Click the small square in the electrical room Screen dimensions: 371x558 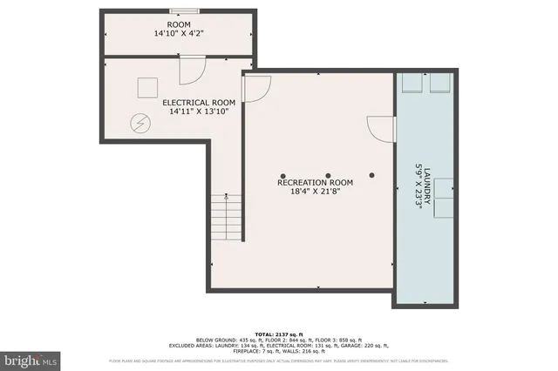[146, 87]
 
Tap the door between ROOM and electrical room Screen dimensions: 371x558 [191, 70]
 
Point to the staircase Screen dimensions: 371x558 [225, 218]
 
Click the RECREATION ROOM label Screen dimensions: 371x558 [315, 183]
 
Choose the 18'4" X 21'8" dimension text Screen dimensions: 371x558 [315, 193]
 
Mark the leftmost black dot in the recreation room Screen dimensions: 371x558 [283, 174]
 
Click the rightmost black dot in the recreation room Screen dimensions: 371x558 [372, 174]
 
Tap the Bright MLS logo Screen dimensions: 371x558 [31, 358]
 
